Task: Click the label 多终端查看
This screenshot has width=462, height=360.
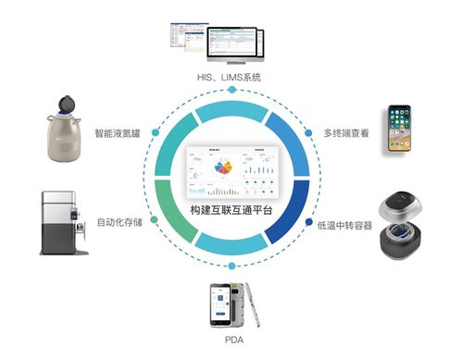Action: click(345, 132)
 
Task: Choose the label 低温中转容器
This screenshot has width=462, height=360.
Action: click(343, 225)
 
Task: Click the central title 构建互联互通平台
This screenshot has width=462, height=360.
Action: click(231, 212)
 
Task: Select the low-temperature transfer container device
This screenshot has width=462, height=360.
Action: click(406, 225)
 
